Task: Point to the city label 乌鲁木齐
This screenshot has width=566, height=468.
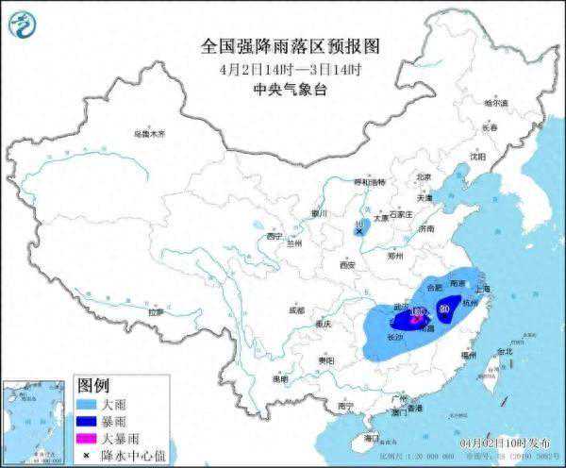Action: (149, 134)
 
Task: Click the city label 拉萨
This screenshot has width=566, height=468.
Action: (156, 311)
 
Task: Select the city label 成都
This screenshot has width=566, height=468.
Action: (297, 309)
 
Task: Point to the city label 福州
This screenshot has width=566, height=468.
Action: (469, 354)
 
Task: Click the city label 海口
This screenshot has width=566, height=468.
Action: (371, 436)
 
